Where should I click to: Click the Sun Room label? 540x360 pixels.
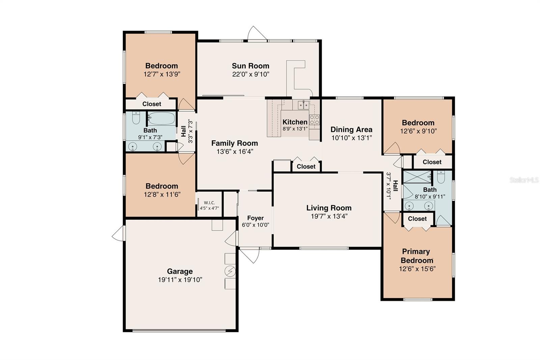click(x=250, y=66)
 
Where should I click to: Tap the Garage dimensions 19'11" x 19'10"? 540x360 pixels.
click(x=180, y=280)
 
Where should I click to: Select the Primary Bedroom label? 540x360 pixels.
click(x=416, y=256)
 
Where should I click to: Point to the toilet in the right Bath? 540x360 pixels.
click(x=441, y=177)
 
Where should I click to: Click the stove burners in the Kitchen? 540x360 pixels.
click(x=314, y=120)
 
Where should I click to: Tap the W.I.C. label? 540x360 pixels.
click(x=209, y=203)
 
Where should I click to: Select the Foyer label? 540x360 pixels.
click(x=255, y=218)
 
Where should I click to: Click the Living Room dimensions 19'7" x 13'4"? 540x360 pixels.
click(x=329, y=216)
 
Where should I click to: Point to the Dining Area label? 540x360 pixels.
click(x=351, y=129)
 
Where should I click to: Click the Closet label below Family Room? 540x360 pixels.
click(x=306, y=166)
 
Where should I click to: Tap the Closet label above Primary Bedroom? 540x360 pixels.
click(x=417, y=218)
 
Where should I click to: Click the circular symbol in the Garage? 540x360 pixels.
click(x=231, y=271)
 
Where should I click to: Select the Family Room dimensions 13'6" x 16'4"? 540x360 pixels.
click(x=235, y=152)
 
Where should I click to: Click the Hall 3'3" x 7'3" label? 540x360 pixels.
click(x=187, y=131)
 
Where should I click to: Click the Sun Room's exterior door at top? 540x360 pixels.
click(x=256, y=34)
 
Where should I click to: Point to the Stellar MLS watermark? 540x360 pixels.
click(x=524, y=180)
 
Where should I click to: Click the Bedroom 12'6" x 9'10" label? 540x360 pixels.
click(x=418, y=123)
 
